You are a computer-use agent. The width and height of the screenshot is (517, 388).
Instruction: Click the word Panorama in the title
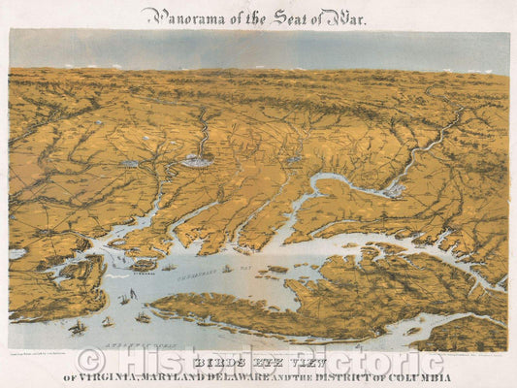click(176, 16)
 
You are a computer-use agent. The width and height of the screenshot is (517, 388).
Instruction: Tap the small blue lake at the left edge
click(16, 254)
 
